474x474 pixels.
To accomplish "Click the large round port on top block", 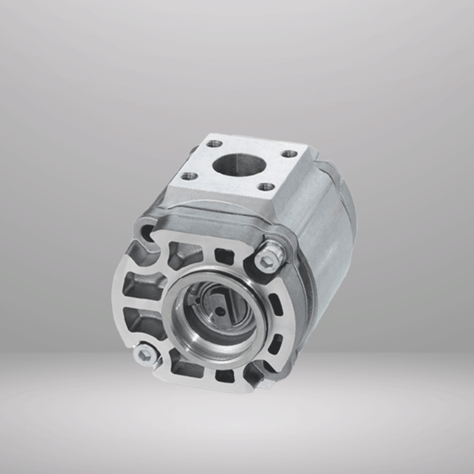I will point(235,164).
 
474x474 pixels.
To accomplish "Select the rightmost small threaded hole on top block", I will point(288,154).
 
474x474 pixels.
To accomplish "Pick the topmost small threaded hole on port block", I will point(214,144).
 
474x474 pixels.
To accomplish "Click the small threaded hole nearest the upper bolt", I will point(265,186).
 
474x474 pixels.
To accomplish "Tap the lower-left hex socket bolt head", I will point(146,353).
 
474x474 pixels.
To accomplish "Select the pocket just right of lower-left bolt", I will point(183,368).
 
